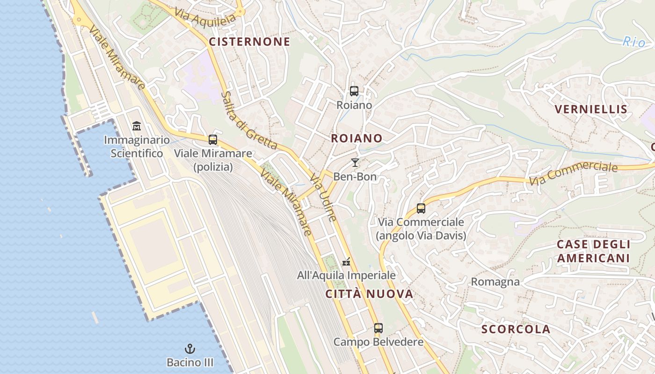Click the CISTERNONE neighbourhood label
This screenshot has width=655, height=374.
(249, 42)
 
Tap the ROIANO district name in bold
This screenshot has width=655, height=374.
(357, 138)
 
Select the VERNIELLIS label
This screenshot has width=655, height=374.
(590, 109)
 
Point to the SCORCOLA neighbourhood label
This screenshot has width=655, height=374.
(516, 329)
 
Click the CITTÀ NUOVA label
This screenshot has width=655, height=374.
(369, 294)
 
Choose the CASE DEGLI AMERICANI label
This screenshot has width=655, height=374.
(593, 252)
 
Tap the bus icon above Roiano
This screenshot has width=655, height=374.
(354, 91)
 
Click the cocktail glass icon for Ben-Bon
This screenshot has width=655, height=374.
(355, 163)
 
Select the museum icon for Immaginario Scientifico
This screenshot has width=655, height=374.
(137, 126)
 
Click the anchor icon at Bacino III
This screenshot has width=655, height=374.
(190, 349)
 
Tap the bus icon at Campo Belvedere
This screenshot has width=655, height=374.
(378, 328)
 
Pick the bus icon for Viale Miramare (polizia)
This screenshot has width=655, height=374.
(213, 139)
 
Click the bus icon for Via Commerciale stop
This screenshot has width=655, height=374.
(421, 209)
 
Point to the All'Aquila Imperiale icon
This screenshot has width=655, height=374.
(346, 262)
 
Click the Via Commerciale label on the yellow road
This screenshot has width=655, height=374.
(573, 173)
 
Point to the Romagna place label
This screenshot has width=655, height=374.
(495, 282)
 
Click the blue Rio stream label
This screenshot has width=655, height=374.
(633, 42)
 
